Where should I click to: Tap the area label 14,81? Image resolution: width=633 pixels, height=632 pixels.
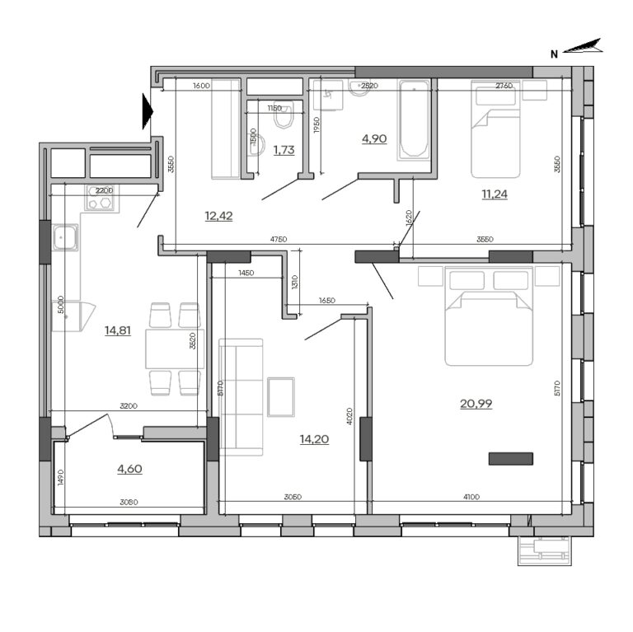(118, 331)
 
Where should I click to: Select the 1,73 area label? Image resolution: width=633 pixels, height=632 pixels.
(284, 149)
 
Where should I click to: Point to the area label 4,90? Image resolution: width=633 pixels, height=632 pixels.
(373, 138)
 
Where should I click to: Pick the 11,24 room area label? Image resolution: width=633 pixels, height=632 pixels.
(495, 195)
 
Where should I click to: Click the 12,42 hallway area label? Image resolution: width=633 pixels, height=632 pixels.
(218, 217)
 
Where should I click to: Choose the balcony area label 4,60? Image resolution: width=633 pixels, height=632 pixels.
(129, 470)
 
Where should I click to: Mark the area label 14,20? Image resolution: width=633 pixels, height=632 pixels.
(315, 439)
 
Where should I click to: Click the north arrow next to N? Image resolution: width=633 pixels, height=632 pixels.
(585, 49)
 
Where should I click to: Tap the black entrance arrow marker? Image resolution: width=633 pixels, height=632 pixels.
(148, 111)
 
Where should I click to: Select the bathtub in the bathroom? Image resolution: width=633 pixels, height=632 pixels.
(414, 119)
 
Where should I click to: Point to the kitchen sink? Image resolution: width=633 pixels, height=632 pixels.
(65, 240)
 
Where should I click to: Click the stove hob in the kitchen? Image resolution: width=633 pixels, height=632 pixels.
(100, 198)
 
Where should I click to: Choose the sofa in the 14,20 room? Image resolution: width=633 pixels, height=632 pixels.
(241, 396)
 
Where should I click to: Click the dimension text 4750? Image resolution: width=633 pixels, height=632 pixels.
(278, 239)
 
